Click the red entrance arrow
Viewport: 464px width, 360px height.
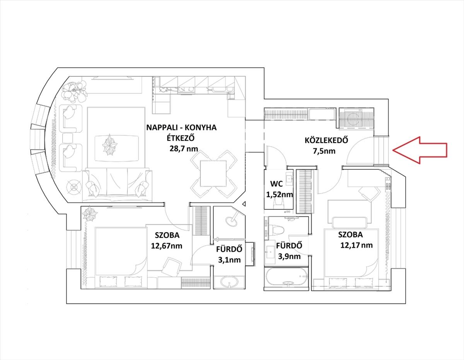(420, 150)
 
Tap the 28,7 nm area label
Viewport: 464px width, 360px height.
(184, 148)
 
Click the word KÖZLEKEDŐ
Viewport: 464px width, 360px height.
(326, 140)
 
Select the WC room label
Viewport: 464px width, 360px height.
(276, 183)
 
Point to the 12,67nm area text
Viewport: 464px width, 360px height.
(167, 246)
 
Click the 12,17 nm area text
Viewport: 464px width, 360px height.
(357, 245)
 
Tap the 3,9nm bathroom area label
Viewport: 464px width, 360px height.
(289, 256)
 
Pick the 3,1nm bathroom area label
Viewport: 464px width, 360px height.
(229, 260)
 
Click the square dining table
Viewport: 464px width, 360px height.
(213, 173)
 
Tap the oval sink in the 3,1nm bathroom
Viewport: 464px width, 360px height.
(229, 282)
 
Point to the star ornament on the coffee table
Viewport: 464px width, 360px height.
(110, 145)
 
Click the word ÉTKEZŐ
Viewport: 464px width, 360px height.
(181, 138)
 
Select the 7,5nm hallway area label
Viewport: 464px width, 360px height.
(324, 151)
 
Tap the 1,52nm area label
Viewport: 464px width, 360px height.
(279, 194)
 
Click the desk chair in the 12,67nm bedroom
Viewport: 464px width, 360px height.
(171, 266)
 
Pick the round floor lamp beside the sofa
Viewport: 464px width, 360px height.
(74, 187)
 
